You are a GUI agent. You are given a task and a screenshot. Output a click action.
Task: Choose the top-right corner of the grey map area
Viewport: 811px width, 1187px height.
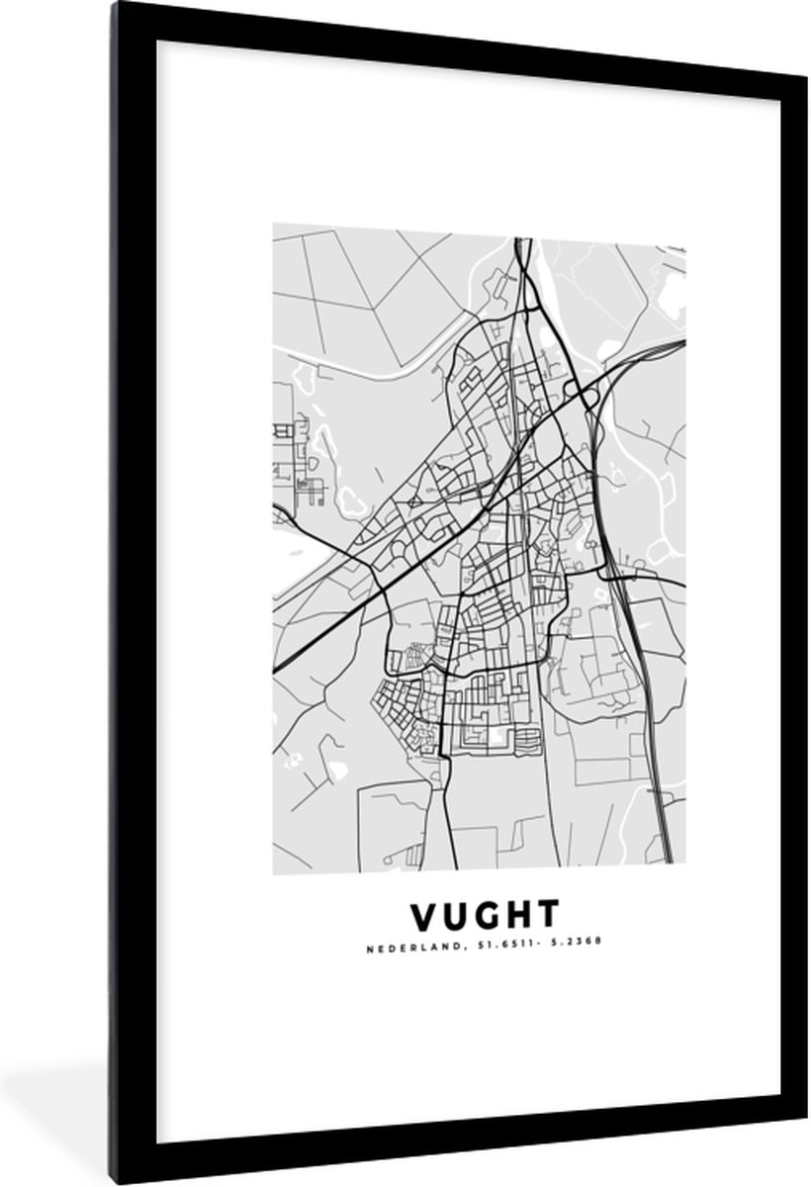(684, 225)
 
